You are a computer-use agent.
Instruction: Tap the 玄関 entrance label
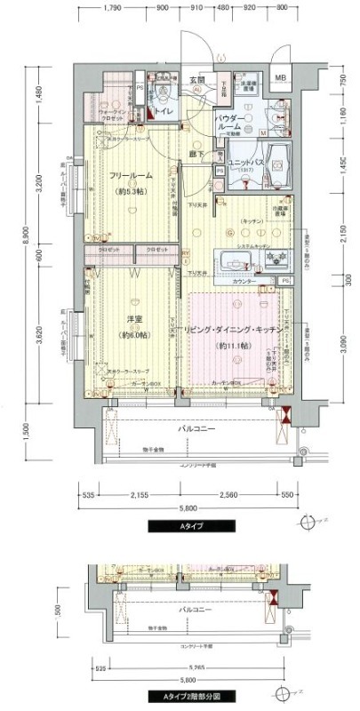196,80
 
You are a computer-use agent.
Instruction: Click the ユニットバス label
243,163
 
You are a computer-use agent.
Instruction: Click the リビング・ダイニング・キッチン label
235,330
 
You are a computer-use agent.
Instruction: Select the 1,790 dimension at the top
112,8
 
